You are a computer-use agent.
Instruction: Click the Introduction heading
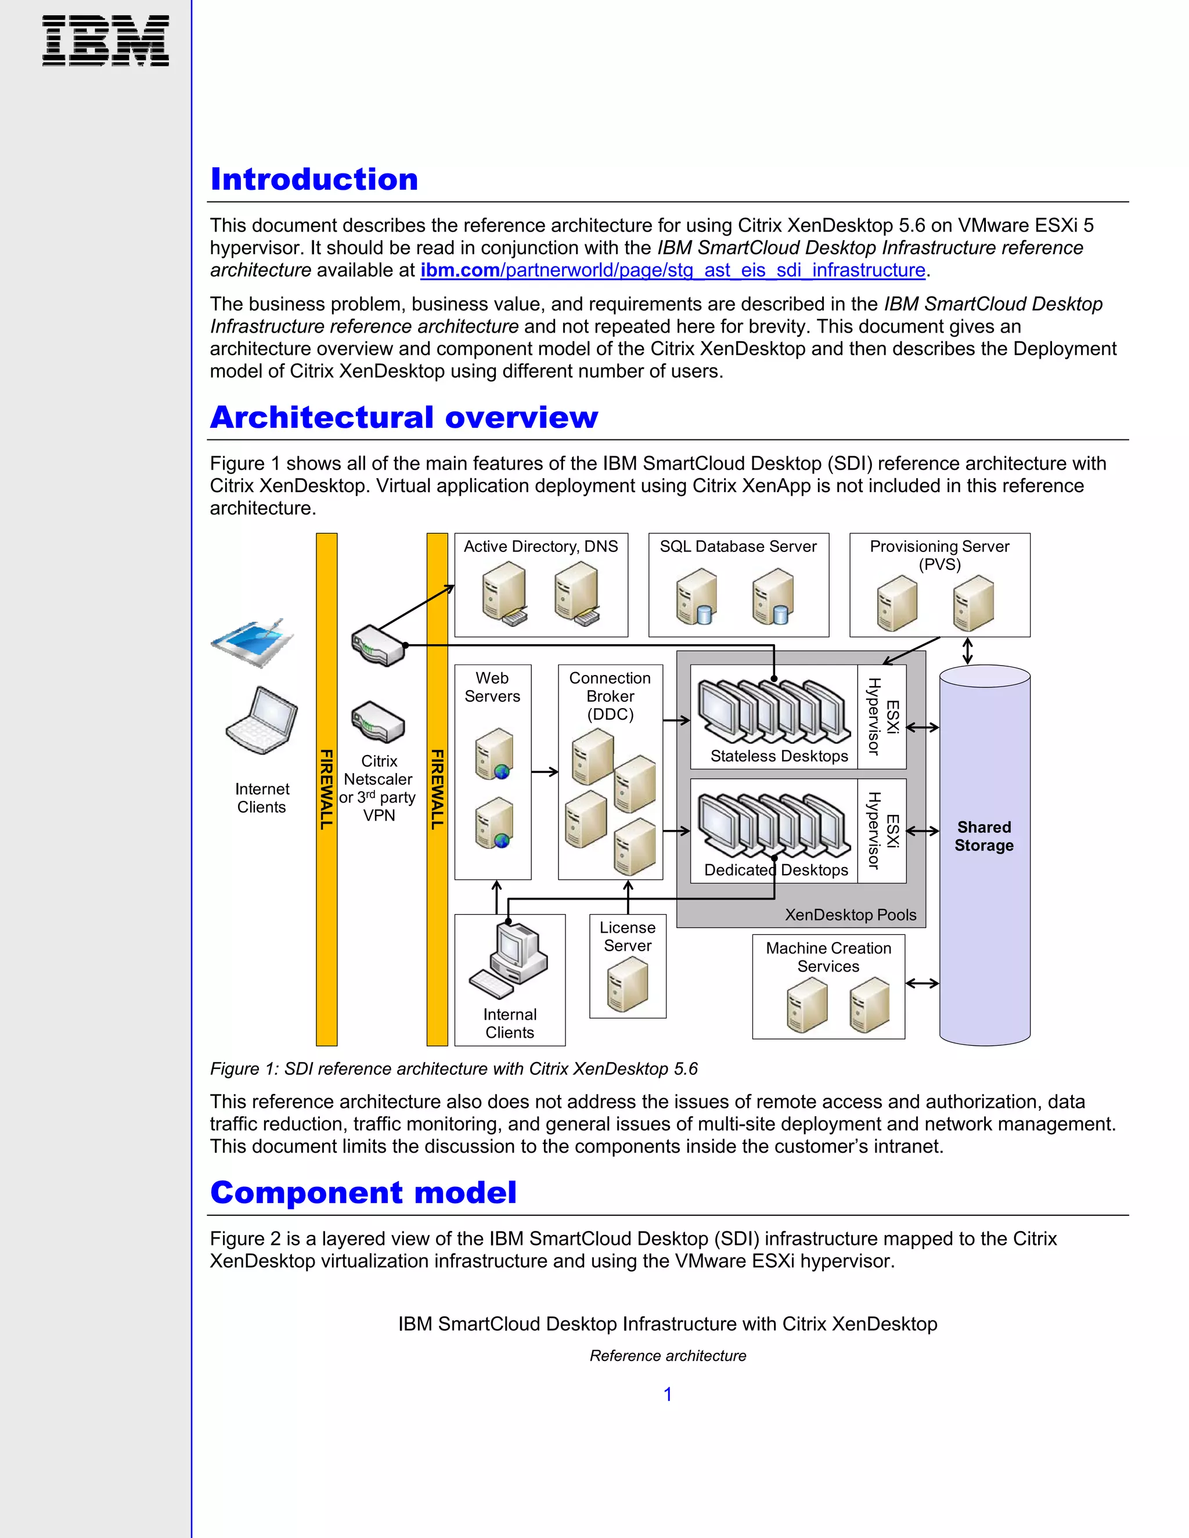click(x=314, y=179)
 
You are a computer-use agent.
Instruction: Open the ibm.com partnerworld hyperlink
click(x=673, y=270)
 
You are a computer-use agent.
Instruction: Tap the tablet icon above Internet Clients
click(x=252, y=642)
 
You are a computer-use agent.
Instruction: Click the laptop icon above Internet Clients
click(x=262, y=720)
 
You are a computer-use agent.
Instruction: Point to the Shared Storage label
click(x=984, y=836)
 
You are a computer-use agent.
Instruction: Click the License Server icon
click(x=627, y=986)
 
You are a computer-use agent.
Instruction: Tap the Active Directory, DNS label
click(x=541, y=547)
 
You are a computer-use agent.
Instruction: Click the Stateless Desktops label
click(x=779, y=756)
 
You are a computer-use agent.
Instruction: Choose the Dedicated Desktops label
click(x=776, y=871)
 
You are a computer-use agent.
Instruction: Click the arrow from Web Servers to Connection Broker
click(x=544, y=772)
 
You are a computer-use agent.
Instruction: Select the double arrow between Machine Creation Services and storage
click(x=921, y=983)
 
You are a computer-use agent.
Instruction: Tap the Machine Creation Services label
click(x=828, y=957)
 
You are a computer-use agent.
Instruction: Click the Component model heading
click(x=363, y=1192)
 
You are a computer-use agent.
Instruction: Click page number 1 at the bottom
click(x=668, y=1393)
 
